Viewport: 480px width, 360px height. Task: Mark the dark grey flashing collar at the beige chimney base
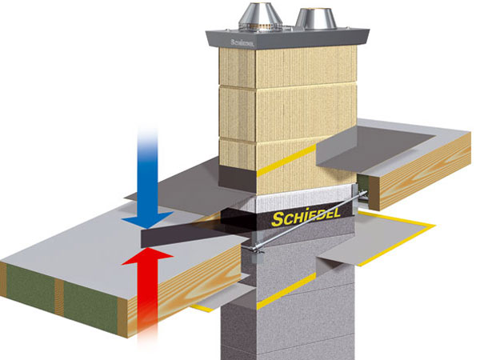pyautogui.click(x=240, y=178)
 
